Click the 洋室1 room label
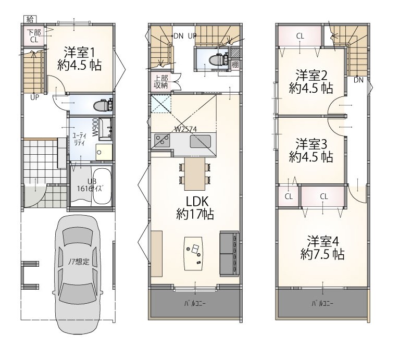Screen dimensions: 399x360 click(x=79, y=58)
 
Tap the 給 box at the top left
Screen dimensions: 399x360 click(x=30, y=19)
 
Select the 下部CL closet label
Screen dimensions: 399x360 click(x=34, y=36)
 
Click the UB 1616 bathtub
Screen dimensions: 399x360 click(x=102, y=185)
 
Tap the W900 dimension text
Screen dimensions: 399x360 click(x=95, y=127)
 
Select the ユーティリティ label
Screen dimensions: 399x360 click(x=79, y=139)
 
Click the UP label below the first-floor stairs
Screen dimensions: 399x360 click(x=34, y=97)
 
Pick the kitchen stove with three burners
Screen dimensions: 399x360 click(x=162, y=141)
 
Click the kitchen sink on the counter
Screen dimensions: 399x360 click(x=200, y=142)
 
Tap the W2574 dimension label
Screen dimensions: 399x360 click(x=186, y=129)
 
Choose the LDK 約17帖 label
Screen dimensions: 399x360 click(x=195, y=208)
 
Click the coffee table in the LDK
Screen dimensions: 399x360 click(x=194, y=254)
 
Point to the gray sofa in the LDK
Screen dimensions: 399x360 click(x=230, y=253)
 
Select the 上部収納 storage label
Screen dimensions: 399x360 click(x=161, y=82)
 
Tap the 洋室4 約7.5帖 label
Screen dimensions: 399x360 click(x=322, y=247)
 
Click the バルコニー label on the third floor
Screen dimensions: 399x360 click(x=322, y=303)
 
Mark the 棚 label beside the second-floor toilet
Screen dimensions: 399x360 click(x=235, y=65)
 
